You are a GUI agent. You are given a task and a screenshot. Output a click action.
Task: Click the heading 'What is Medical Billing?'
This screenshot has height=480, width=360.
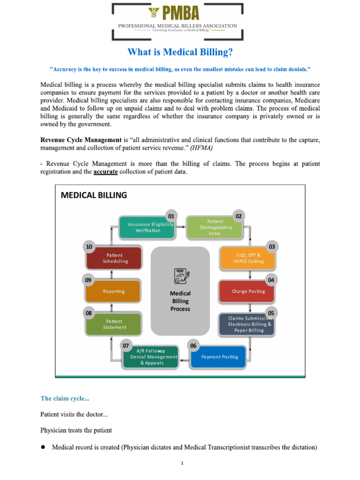coord(180,52)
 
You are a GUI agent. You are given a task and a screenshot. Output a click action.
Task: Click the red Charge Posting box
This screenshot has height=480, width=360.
coord(248,291)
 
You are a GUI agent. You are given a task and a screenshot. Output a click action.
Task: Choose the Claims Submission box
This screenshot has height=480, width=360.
coord(249,324)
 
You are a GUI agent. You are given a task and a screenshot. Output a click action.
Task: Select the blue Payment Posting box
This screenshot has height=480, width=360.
coord(219,357)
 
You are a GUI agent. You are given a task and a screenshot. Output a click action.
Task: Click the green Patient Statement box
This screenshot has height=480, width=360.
coord(113,324)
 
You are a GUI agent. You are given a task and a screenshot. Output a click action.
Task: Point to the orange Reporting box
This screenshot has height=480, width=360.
coord(113,291)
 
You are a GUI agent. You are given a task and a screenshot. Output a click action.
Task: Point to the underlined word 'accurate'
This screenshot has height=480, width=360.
coord(105,172)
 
